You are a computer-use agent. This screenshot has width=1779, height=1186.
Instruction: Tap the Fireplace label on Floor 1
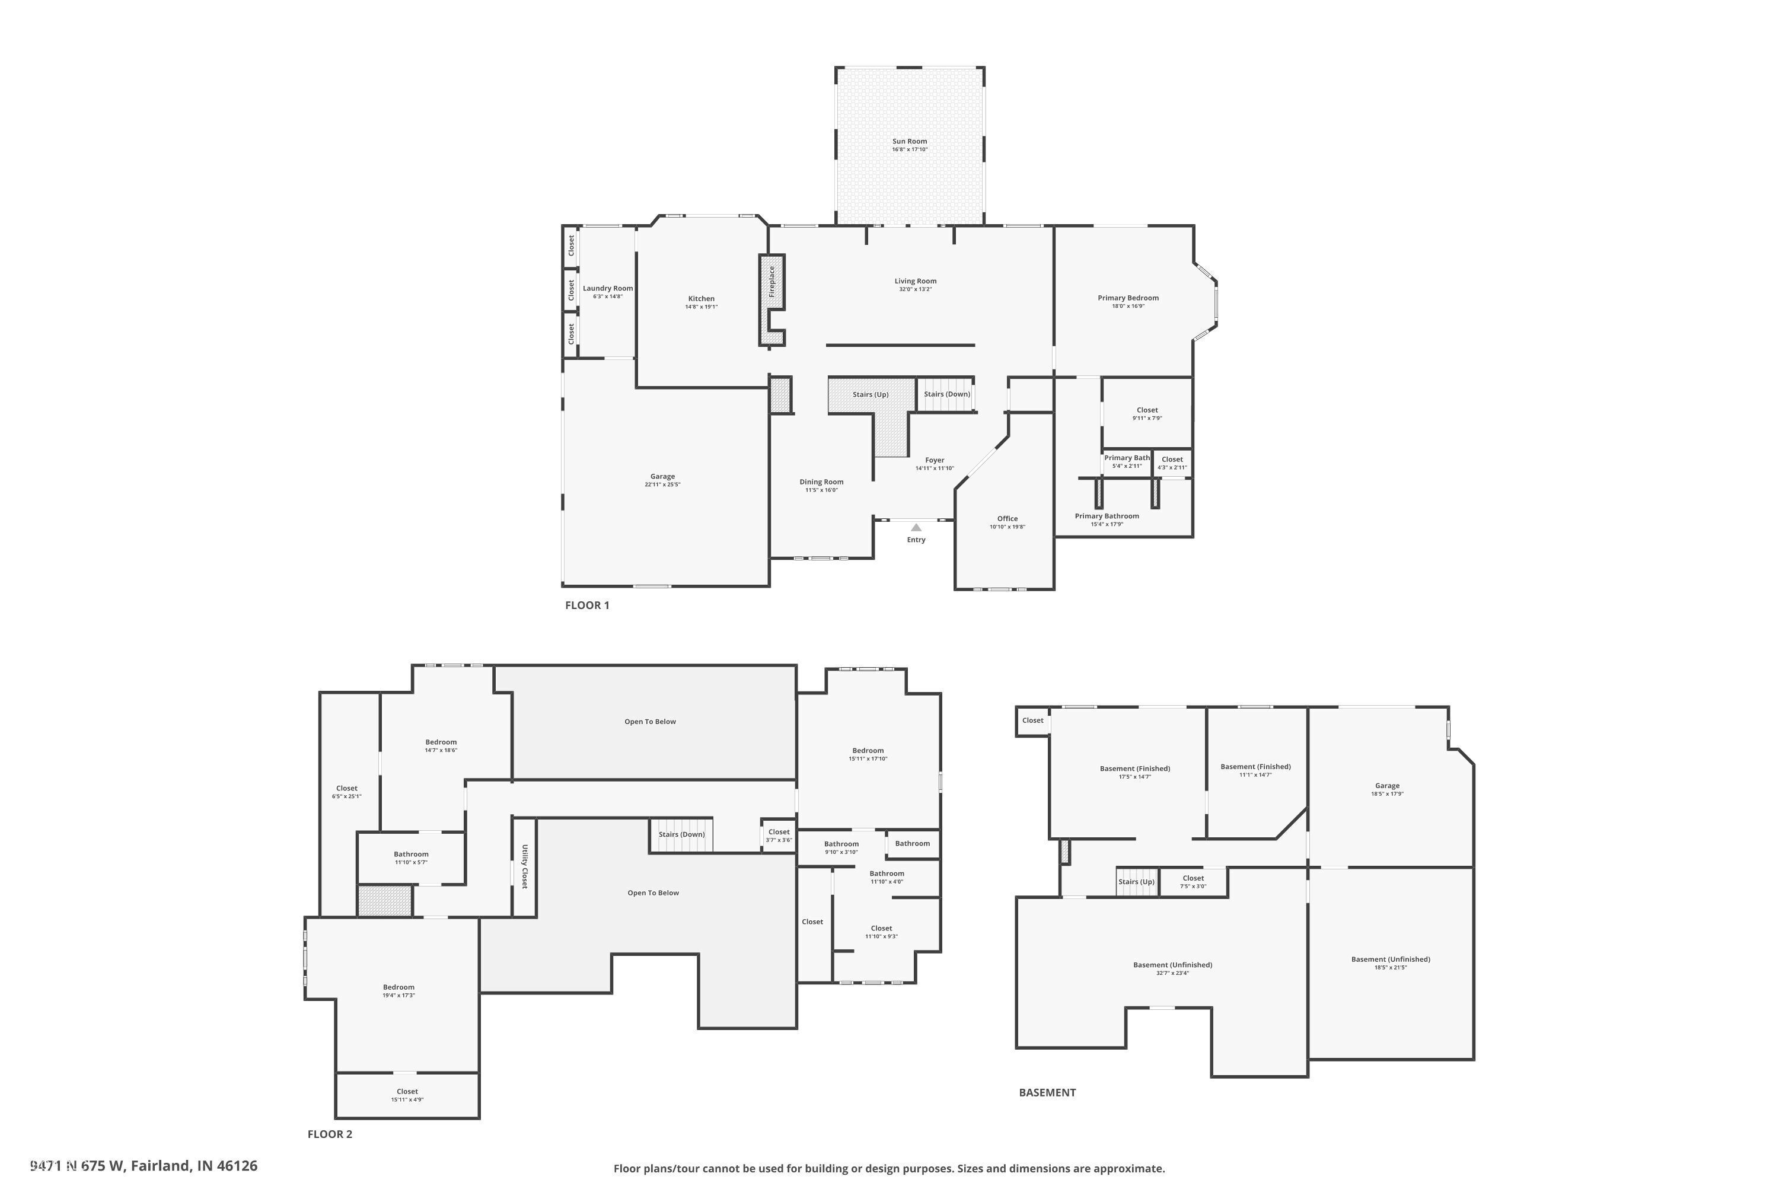(771, 281)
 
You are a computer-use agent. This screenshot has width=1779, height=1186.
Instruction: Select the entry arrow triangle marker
(916, 527)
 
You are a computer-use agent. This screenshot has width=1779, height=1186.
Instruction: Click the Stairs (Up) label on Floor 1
(871, 395)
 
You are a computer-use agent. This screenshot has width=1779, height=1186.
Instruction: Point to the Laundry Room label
(607, 288)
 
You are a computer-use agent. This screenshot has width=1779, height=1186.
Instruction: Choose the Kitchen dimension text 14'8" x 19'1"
(701, 307)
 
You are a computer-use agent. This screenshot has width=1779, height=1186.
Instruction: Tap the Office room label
(1008, 519)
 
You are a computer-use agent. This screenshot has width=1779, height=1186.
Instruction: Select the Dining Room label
(821, 482)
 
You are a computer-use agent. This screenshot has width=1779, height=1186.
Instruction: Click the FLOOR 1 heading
(587, 605)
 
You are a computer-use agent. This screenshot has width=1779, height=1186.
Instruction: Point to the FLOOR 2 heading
(330, 1134)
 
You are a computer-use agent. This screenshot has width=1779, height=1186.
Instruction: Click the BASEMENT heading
(1047, 1092)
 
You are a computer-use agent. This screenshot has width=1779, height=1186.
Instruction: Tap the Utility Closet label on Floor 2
(524, 867)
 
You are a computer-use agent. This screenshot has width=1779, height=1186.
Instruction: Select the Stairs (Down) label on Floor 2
(681, 834)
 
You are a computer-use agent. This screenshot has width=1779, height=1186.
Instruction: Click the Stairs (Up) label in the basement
(1136, 882)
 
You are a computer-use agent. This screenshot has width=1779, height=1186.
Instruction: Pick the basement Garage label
(1387, 786)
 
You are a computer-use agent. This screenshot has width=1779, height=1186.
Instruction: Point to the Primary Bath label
(1126, 458)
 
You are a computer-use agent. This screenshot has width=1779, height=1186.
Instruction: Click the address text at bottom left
(144, 1166)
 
